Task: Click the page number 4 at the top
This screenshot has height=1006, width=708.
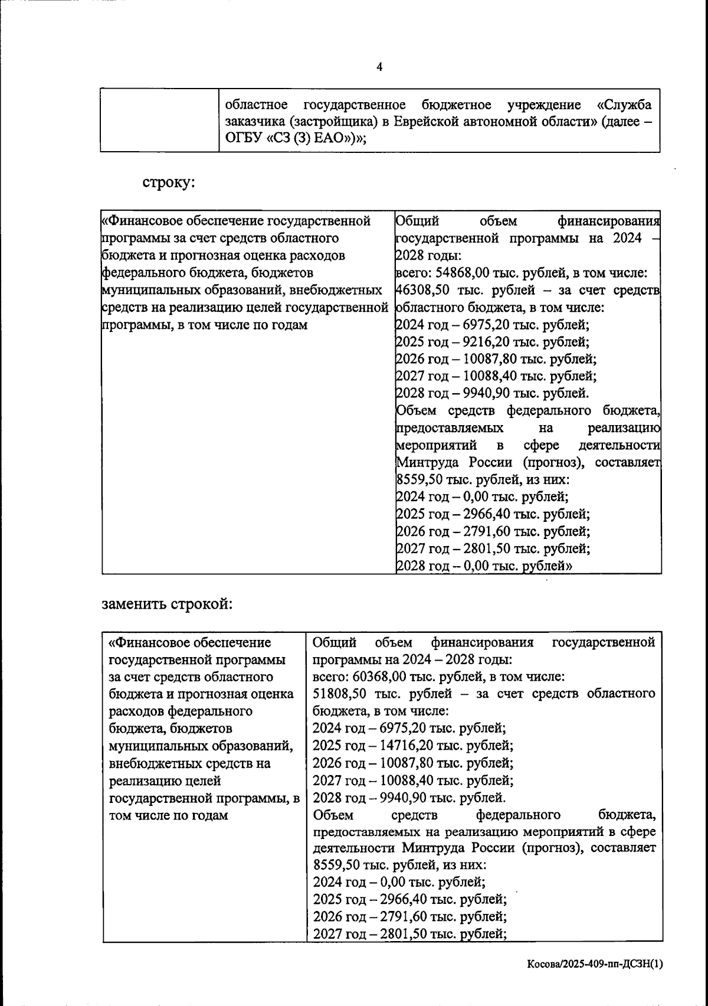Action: [x=379, y=67]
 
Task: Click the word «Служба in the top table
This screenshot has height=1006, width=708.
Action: [x=624, y=105]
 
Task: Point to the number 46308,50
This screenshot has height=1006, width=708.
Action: [x=420, y=290]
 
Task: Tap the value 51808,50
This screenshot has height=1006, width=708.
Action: [x=339, y=694]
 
